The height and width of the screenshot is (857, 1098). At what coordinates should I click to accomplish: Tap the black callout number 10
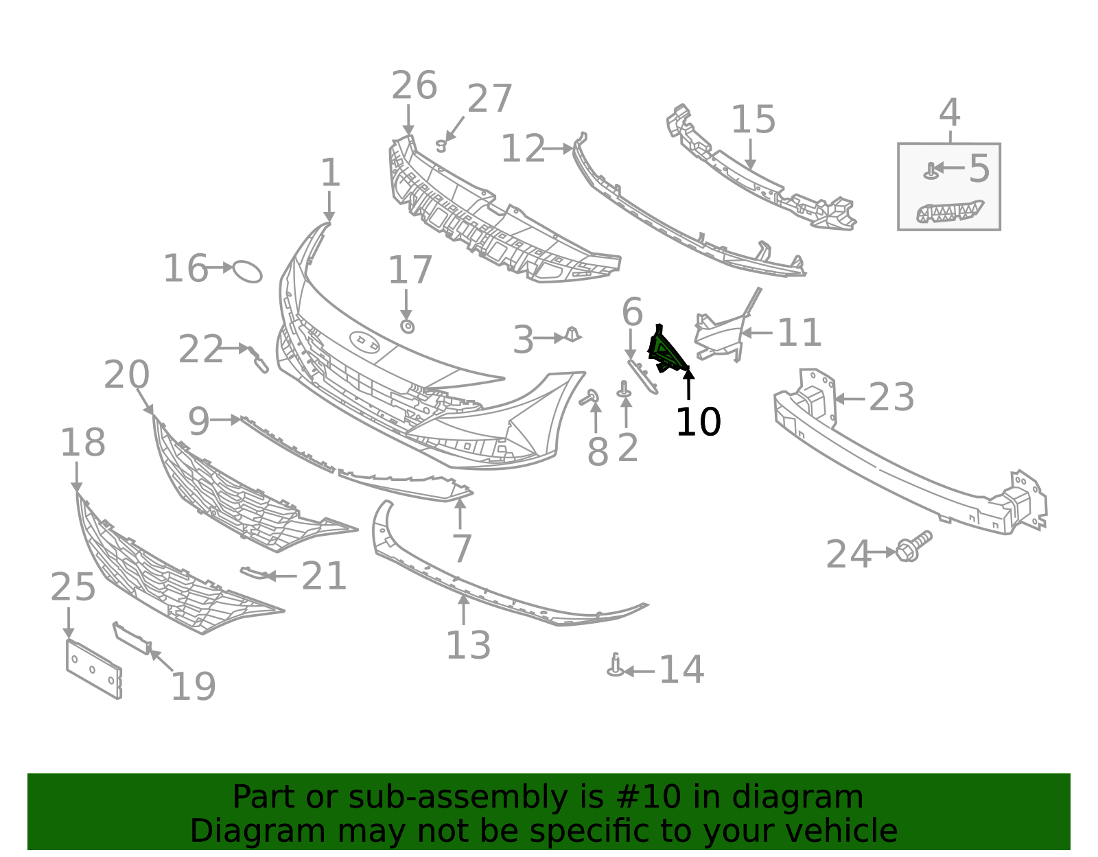click(698, 422)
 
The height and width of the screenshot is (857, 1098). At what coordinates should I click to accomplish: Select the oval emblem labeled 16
click(248, 271)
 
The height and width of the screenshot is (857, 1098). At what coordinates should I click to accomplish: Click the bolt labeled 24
click(913, 546)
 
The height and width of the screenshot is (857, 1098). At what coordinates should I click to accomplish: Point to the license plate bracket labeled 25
click(93, 669)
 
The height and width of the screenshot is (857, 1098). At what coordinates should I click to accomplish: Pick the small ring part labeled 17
click(407, 326)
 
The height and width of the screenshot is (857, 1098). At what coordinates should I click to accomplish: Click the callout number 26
click(414, 86)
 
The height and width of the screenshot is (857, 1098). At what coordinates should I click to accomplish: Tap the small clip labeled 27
click(442, 145)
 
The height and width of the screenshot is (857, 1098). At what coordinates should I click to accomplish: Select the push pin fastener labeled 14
click(616, 666)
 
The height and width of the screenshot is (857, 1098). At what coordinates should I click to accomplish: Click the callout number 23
click(891, 398)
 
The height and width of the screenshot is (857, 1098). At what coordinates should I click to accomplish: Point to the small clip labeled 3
click(572, 336)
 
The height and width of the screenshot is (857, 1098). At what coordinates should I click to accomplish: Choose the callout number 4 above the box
click(949, 113)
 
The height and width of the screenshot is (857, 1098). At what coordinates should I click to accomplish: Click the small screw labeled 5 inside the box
click(931, 169)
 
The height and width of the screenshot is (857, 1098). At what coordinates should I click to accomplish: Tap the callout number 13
click(468, 645)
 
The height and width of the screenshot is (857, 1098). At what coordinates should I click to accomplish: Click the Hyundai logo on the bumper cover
click(364, 342)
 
